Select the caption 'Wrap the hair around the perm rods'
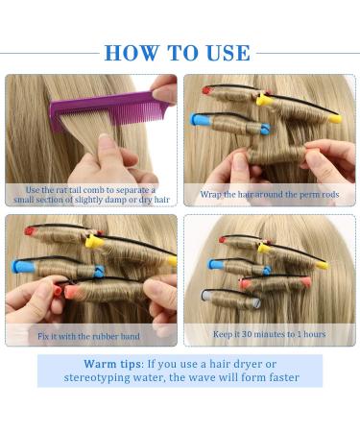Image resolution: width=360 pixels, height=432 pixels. coord(268,194)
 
